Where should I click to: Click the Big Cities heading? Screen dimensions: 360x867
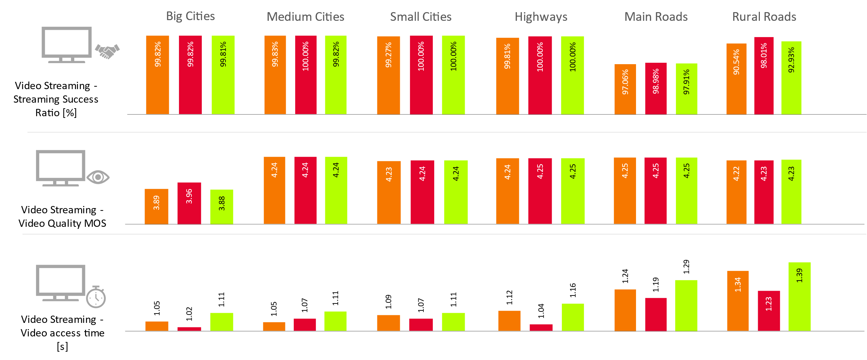pos(190,16)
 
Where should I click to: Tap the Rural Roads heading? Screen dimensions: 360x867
pos(764,17)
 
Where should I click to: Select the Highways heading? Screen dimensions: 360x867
pos(541,17)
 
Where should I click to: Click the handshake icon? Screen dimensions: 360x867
pos(107,51)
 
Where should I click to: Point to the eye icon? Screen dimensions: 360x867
pos(98,177)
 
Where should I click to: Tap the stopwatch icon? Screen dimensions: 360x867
pos(96,297)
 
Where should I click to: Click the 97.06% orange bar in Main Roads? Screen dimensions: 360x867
pos(625,89)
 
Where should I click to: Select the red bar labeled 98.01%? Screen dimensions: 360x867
pos(764,75)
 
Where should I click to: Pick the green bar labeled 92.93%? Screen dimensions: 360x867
pos(791,78)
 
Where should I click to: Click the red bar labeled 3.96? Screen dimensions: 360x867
pos(189,203)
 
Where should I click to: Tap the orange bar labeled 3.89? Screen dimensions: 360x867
pos(156,206)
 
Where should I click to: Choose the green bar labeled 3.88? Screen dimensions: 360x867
pos(222,206)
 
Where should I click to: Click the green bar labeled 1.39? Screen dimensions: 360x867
pos(799,297)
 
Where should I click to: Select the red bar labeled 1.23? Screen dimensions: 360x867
pos(769,311)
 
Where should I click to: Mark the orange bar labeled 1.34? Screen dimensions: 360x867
pos(738,301)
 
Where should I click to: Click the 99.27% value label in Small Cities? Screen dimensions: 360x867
pos(388,55)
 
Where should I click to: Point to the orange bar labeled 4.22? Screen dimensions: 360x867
pos(736,192)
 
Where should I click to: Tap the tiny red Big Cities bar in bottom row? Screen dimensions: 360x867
pos(189,329)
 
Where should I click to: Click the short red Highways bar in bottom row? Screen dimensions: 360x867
pos(541,327)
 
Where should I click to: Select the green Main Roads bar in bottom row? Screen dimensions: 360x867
pos(686,305)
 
